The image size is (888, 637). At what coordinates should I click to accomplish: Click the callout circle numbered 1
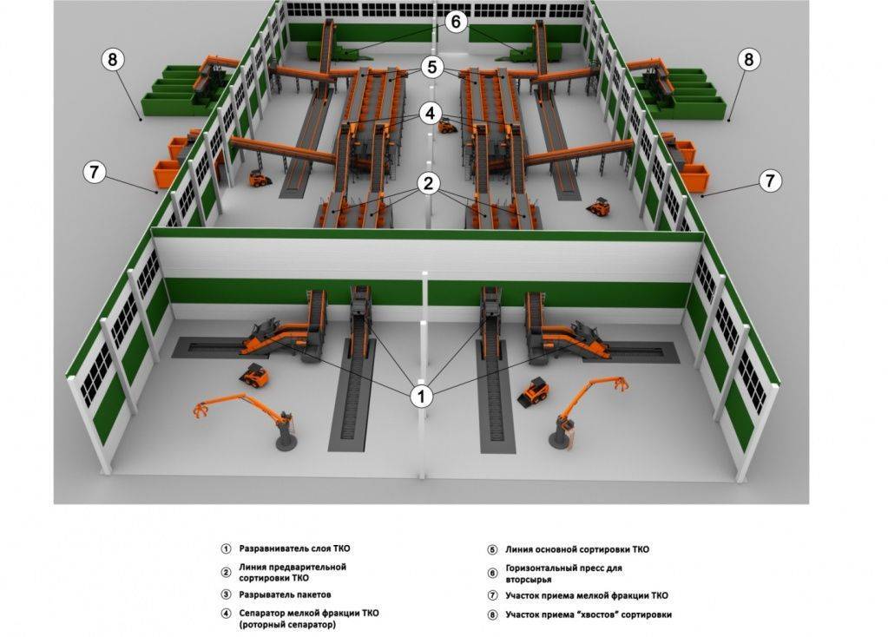pyautogui.click(x=421, y=396)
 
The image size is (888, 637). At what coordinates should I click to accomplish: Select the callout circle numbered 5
pyautogui.click(x=432, y=68)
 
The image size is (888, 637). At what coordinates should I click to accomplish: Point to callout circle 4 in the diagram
pyautogui.click(x=431, y=114)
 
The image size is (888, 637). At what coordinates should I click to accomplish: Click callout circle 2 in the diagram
pyautogui.click(x=428, y=183)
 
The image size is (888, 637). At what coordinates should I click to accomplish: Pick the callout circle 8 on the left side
pyautogui.click(x=113, y=59)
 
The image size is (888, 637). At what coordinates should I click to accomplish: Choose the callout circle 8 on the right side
pyautogui.click(x=749, y=59)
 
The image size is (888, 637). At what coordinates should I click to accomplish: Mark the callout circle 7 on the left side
pyautogui.click(x=95, y=172)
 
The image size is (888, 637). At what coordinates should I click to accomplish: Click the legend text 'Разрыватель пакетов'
pyautogui.click(x=285, y=594)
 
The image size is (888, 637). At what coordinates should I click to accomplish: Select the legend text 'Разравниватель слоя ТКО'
pyautogui.click(x=294, y=548)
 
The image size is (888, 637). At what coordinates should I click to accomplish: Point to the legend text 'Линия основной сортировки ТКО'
pyautogui.click(x=577, y=549)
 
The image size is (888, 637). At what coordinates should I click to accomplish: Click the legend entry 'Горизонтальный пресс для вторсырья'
pyautogui.click(x=563, y=574)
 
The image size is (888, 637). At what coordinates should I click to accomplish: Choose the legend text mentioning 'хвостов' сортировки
pyautogui.click(x=589, y=614)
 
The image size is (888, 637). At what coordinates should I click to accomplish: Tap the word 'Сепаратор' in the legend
pyautogui.click(x=262, y=613)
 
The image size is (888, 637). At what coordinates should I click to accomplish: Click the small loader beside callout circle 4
pyautogui.click(x=447, y=126)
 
